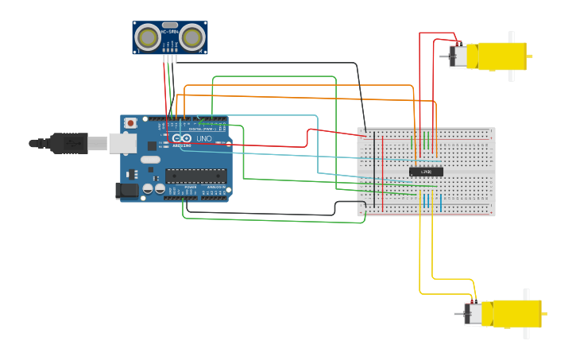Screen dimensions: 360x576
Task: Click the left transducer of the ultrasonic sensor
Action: click(x=147, y=37)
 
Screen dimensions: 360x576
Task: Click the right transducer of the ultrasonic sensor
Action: click(x=192, y=37)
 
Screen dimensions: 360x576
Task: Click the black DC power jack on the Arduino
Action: click(x=126, y=190)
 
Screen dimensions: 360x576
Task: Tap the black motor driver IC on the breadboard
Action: click(x=426, y=172)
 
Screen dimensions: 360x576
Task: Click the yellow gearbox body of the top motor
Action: click(x=501, y=56)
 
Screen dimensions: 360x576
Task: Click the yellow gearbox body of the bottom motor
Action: click(x=516, y=313)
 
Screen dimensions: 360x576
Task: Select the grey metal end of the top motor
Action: click(x=458, y=56)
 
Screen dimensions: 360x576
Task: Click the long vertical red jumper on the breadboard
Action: click(x=383, y=175)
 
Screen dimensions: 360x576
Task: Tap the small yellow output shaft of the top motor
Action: click(x=529, y=56)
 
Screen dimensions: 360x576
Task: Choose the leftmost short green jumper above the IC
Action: click(x=412, y=144)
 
